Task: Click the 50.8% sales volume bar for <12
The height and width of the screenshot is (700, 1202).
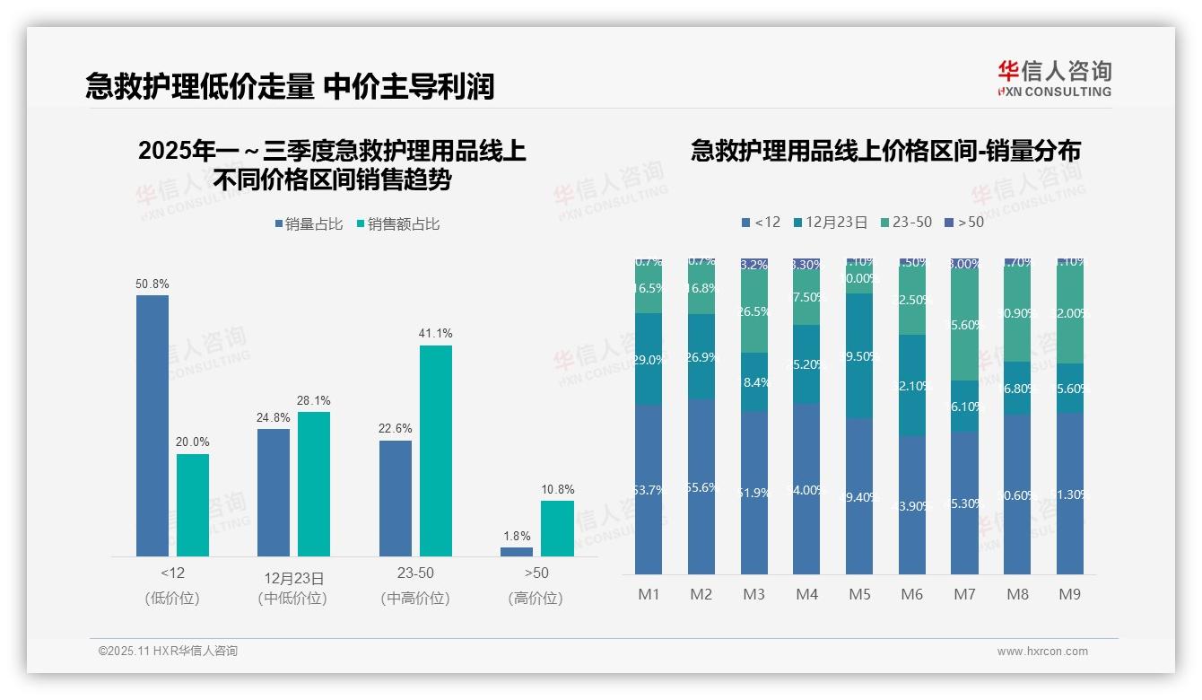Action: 152,425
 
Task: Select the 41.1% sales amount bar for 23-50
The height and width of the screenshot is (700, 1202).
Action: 436,451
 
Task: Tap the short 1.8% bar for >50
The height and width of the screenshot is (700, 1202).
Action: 517,551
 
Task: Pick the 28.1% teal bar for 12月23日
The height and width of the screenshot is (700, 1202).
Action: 314,484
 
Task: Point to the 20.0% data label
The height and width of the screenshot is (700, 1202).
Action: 193,442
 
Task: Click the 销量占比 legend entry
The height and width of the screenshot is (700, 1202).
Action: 309,224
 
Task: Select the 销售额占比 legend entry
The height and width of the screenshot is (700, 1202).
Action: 398,224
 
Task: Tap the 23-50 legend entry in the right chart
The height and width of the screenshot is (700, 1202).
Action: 907,222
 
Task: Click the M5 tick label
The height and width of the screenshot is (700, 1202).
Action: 859,594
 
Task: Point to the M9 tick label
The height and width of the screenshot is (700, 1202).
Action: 1070,594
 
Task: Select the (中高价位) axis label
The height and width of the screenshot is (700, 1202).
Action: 414,598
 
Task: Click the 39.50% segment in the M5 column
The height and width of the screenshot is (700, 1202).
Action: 859,356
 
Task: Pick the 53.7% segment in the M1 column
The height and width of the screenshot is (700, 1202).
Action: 649,489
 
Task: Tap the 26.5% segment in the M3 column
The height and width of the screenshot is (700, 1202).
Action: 753,312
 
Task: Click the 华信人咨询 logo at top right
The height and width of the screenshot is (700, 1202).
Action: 1054,78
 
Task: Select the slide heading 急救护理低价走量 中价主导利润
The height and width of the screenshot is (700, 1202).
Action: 290,86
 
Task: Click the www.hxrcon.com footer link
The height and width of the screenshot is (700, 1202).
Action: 1042,652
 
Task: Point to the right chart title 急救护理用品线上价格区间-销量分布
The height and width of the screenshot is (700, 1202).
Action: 885,151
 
